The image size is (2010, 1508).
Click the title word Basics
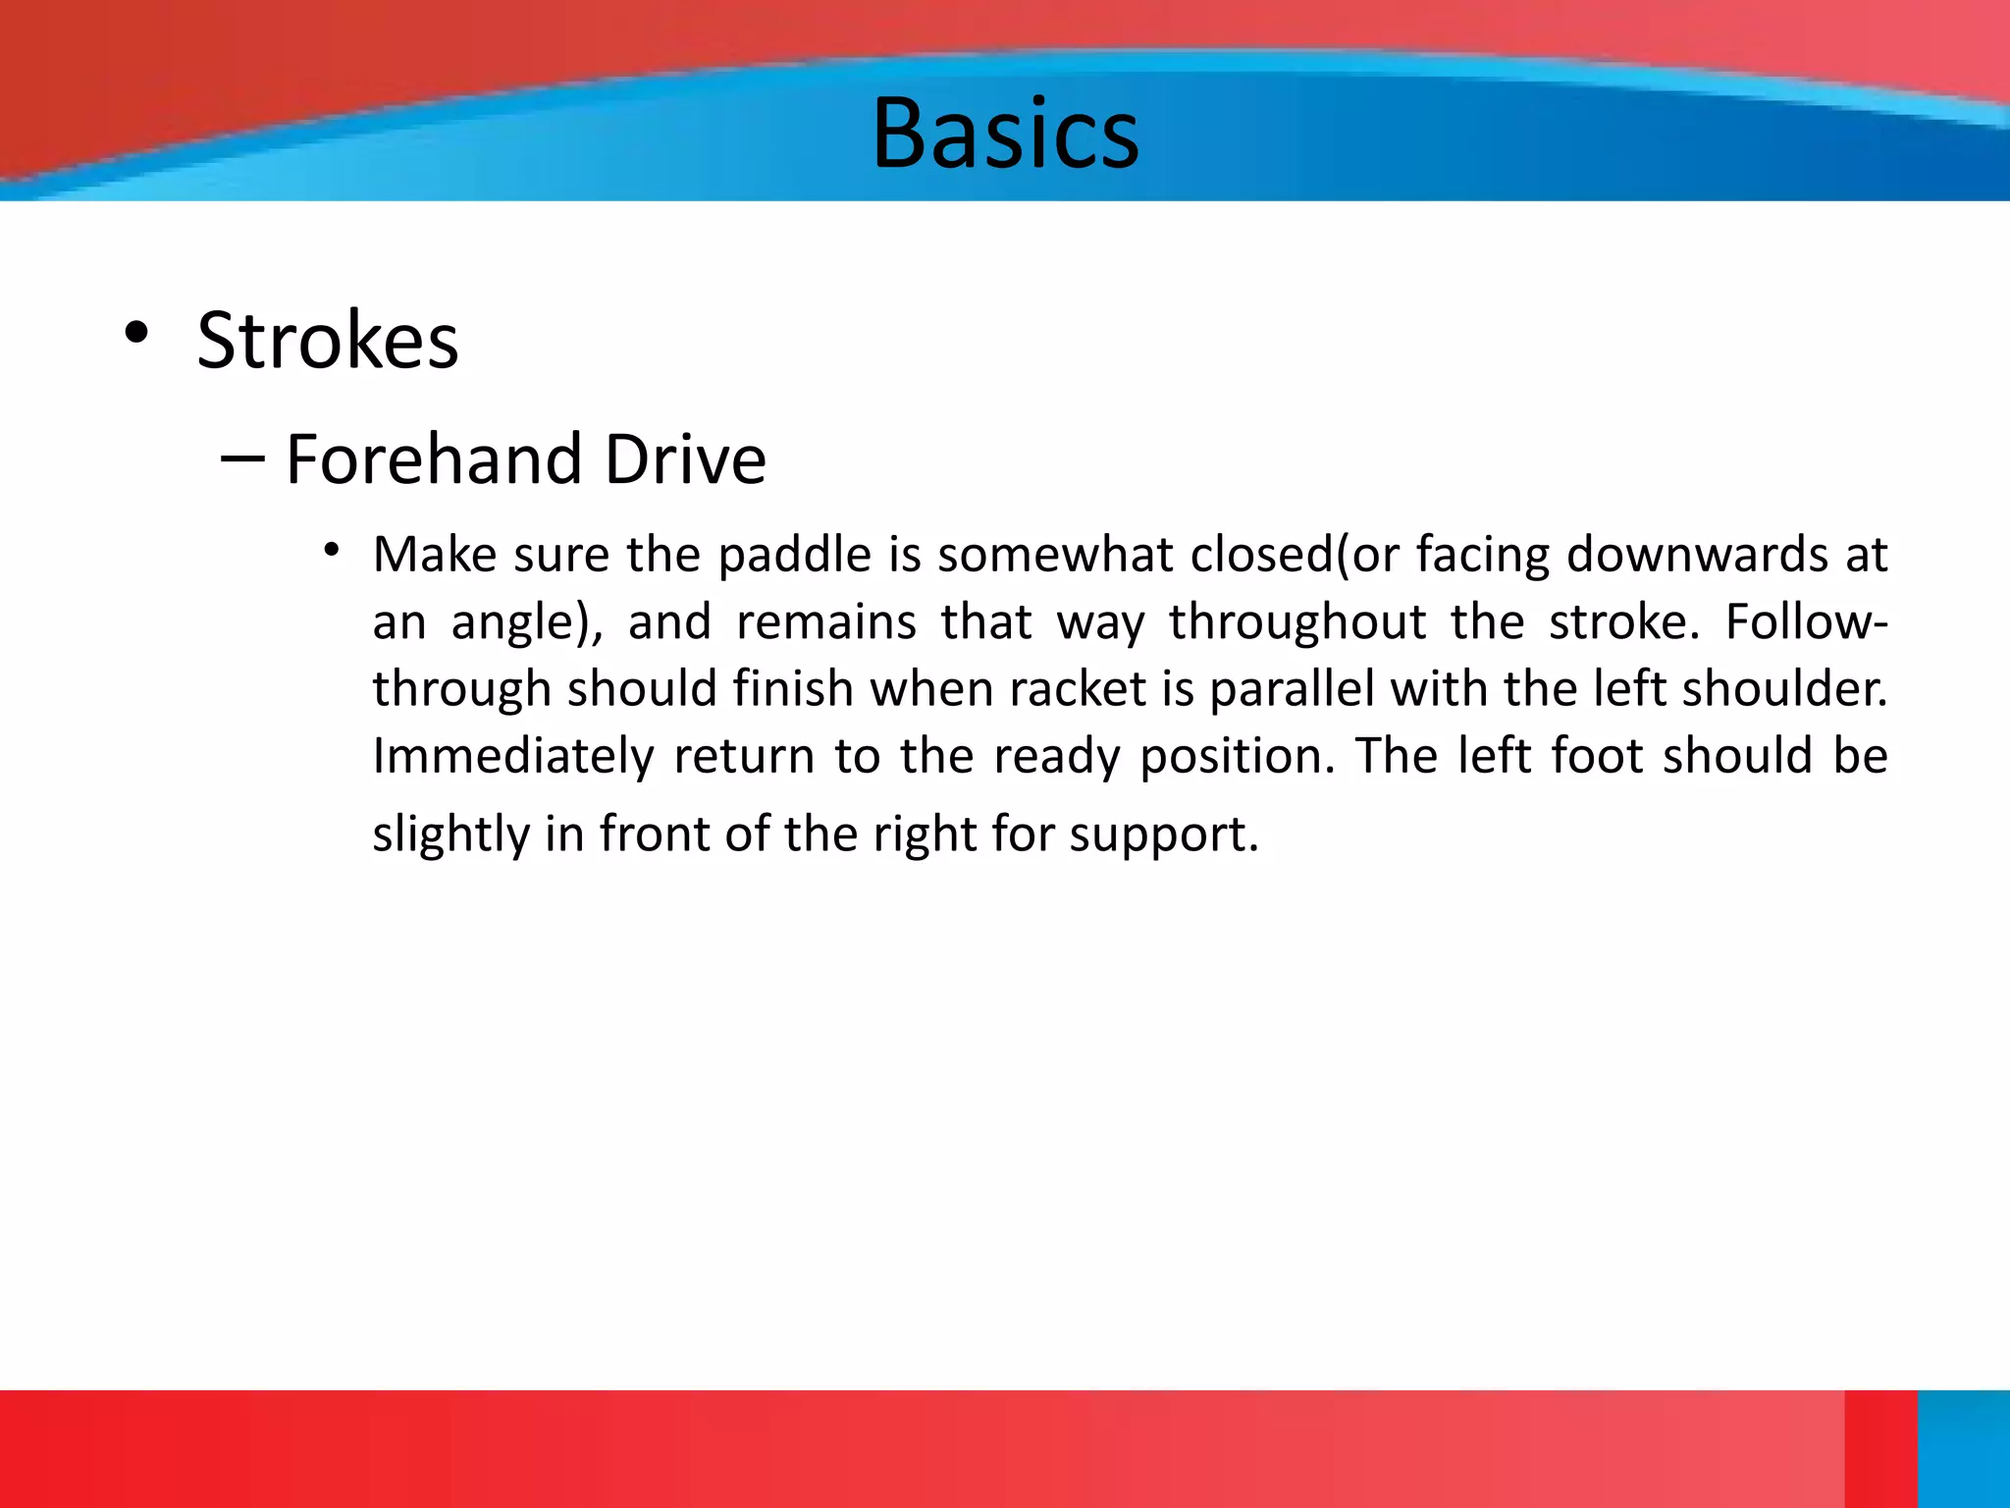click(x=1005, y=134)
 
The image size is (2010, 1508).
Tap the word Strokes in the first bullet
click(x=328, y=341)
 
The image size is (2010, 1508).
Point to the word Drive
click(x=685, y=458)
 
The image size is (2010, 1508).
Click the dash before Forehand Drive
click(x=242, y=457)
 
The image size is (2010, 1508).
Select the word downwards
click(x=1697, y=555)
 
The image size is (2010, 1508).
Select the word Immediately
click(x=513, y=757)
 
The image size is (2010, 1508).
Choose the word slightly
click(x=450, y=835)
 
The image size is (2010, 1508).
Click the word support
click(x=1163, y=835)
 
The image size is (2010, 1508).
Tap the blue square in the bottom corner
click(x=1963, y=1448)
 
